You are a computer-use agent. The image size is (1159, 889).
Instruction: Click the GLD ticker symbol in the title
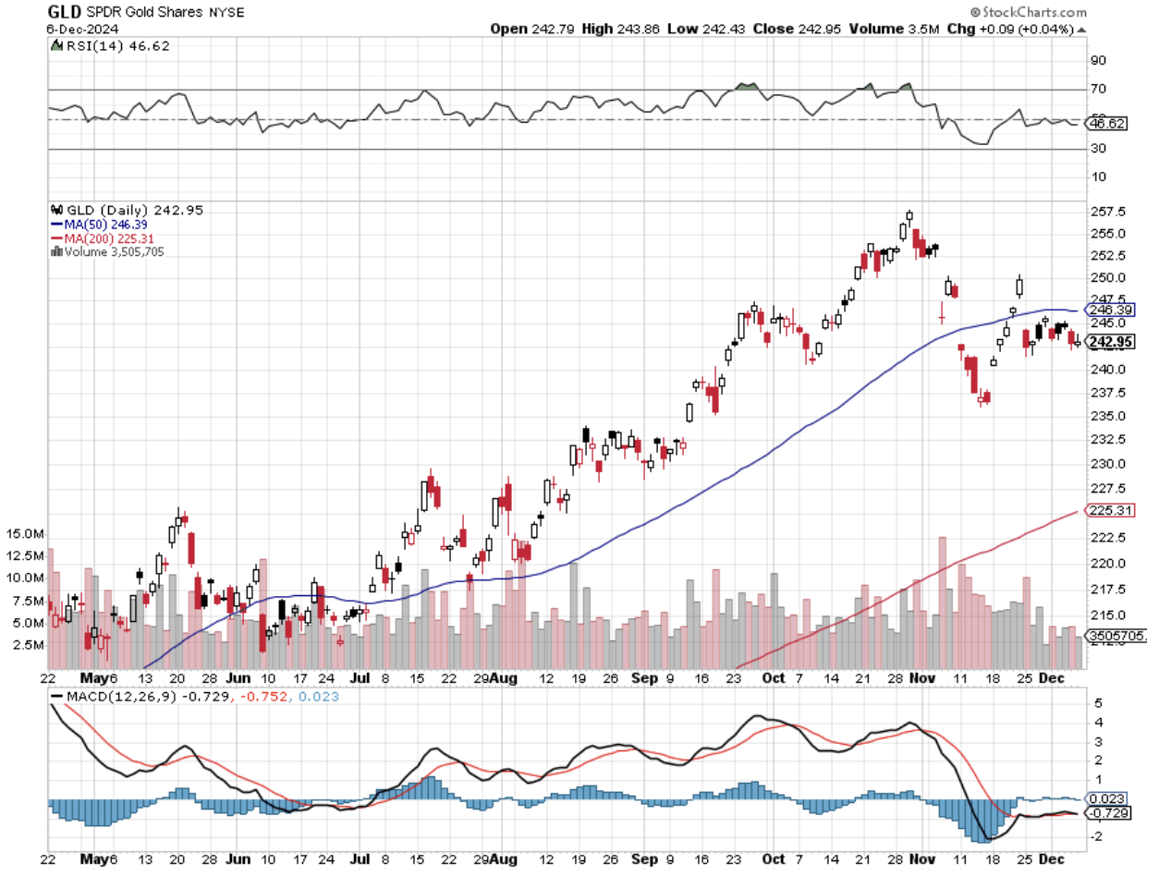pyautogui.click(x=64, y=12)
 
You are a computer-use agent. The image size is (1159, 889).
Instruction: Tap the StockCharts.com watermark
pyautogui.click(x=1028, y=12)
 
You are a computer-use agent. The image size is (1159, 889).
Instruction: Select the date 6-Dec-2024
pyautogui.click(x=82, y=29)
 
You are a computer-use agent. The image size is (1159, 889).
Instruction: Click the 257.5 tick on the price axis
pyautogui.click(x=1107, y=212)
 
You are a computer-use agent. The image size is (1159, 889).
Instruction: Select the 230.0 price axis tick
pyautogui.click(x=1107, y=464)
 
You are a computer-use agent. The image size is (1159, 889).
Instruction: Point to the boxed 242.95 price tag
pyautogui.click(x=1110, y=342)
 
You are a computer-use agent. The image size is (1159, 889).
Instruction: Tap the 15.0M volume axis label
pyautogui.click(x=24, y=534)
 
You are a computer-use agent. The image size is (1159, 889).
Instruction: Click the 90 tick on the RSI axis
pyautogui.click(x=1098, y=60)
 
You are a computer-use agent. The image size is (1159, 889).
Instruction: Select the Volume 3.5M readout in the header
pyautogui.click(x=894, y=29)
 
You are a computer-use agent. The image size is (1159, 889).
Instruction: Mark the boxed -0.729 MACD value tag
pyautogui.click(x=1107, y=813)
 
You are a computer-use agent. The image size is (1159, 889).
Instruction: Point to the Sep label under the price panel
pyautogui.click(x=644, y=678)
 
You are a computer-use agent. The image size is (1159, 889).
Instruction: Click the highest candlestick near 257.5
pyautogui.click(x=909, y=217)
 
